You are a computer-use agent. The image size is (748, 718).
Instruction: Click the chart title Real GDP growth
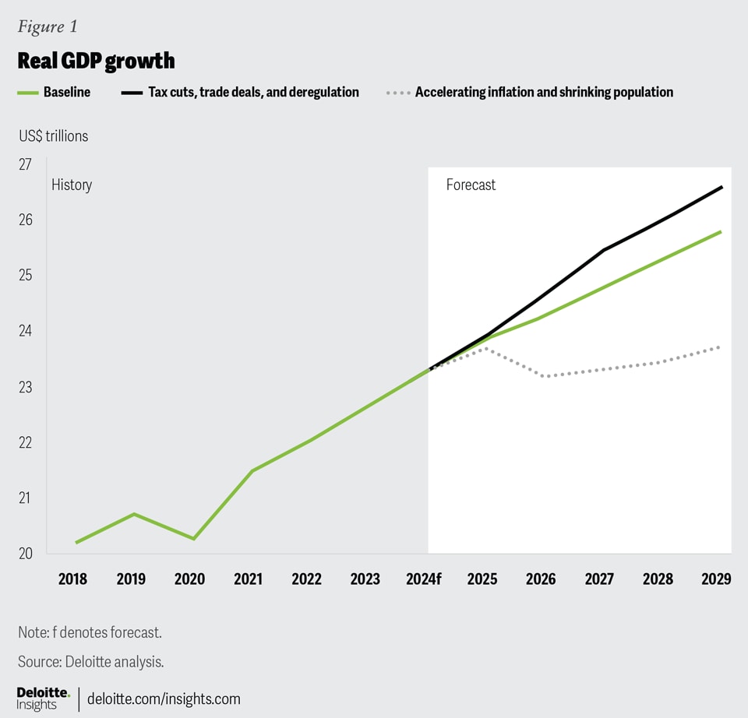pos(96,61)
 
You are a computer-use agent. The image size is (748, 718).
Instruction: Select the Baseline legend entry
pos(55,92)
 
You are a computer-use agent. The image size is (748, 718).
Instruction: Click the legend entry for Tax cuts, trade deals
pos(241,92)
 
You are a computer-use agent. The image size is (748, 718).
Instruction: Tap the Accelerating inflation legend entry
pos(530,92)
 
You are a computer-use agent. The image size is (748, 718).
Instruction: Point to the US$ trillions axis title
pos(54,136)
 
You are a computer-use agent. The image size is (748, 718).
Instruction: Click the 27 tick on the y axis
pos(25,164)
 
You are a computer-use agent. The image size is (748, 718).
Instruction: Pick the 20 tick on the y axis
pos(25,554)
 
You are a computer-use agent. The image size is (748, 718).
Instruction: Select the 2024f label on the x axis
pos(425,579)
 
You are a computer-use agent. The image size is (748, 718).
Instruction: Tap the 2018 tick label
pos(72,579)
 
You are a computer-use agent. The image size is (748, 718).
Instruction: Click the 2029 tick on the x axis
pos(716,579)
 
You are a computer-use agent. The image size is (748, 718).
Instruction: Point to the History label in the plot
pos(72,185)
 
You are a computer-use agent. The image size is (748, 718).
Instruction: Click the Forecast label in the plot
pos(471,185)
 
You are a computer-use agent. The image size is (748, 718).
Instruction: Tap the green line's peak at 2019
pos(134,514)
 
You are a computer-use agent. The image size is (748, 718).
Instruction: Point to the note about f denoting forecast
pos(90,632)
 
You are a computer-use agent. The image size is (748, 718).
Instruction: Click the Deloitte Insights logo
pos(44,698)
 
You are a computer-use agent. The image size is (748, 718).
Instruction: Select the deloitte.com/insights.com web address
pos(164,699)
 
